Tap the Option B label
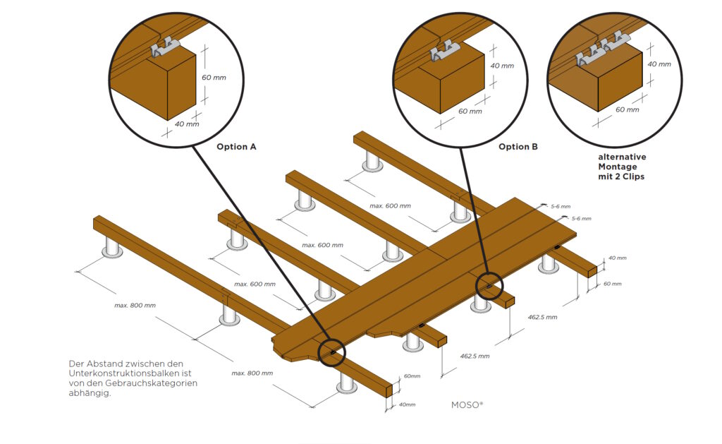[x=518, y=147]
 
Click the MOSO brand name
[x=467, y=406]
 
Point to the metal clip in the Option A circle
[x=166, y=50]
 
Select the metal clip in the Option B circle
[x=446, y=53]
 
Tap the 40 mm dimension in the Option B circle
[x=502, y=66]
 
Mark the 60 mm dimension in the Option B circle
[x=470, y=112]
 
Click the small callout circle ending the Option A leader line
[x=331, y=351]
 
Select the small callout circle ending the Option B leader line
[x=488, y=285]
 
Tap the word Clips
[x=632, y=176]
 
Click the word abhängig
[x=91, y=393]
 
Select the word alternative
[x=622, y=157]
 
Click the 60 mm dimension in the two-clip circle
[x=627, y=109]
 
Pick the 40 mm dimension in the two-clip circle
[x=659, y=64]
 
